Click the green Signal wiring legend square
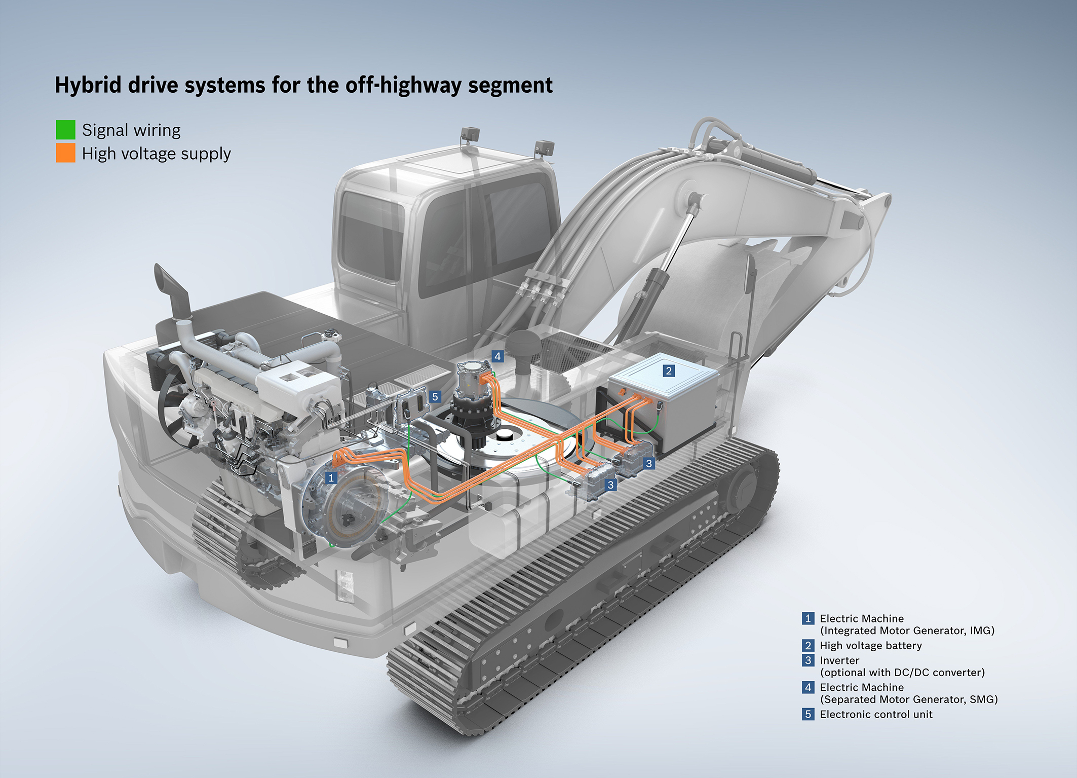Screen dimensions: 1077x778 point(65,130)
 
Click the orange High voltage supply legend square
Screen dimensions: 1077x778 point(65,153)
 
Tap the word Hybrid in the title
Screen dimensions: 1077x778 point(89,86)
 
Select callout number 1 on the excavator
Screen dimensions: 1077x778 point(331,477)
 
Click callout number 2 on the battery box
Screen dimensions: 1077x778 point(669,371)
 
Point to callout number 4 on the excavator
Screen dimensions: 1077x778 point(497,356)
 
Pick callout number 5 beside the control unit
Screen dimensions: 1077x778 point(435,397)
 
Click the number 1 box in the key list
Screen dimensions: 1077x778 point(808,618)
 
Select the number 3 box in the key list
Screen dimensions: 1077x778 point(808,660)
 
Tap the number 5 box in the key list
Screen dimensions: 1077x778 point(808,714)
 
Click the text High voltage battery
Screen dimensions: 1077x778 point(871,646)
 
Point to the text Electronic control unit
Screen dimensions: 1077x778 point(876,714)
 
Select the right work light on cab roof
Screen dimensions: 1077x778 point(544,147)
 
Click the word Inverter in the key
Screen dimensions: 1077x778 point(839,660)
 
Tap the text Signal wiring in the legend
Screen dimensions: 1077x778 point(131,131)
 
